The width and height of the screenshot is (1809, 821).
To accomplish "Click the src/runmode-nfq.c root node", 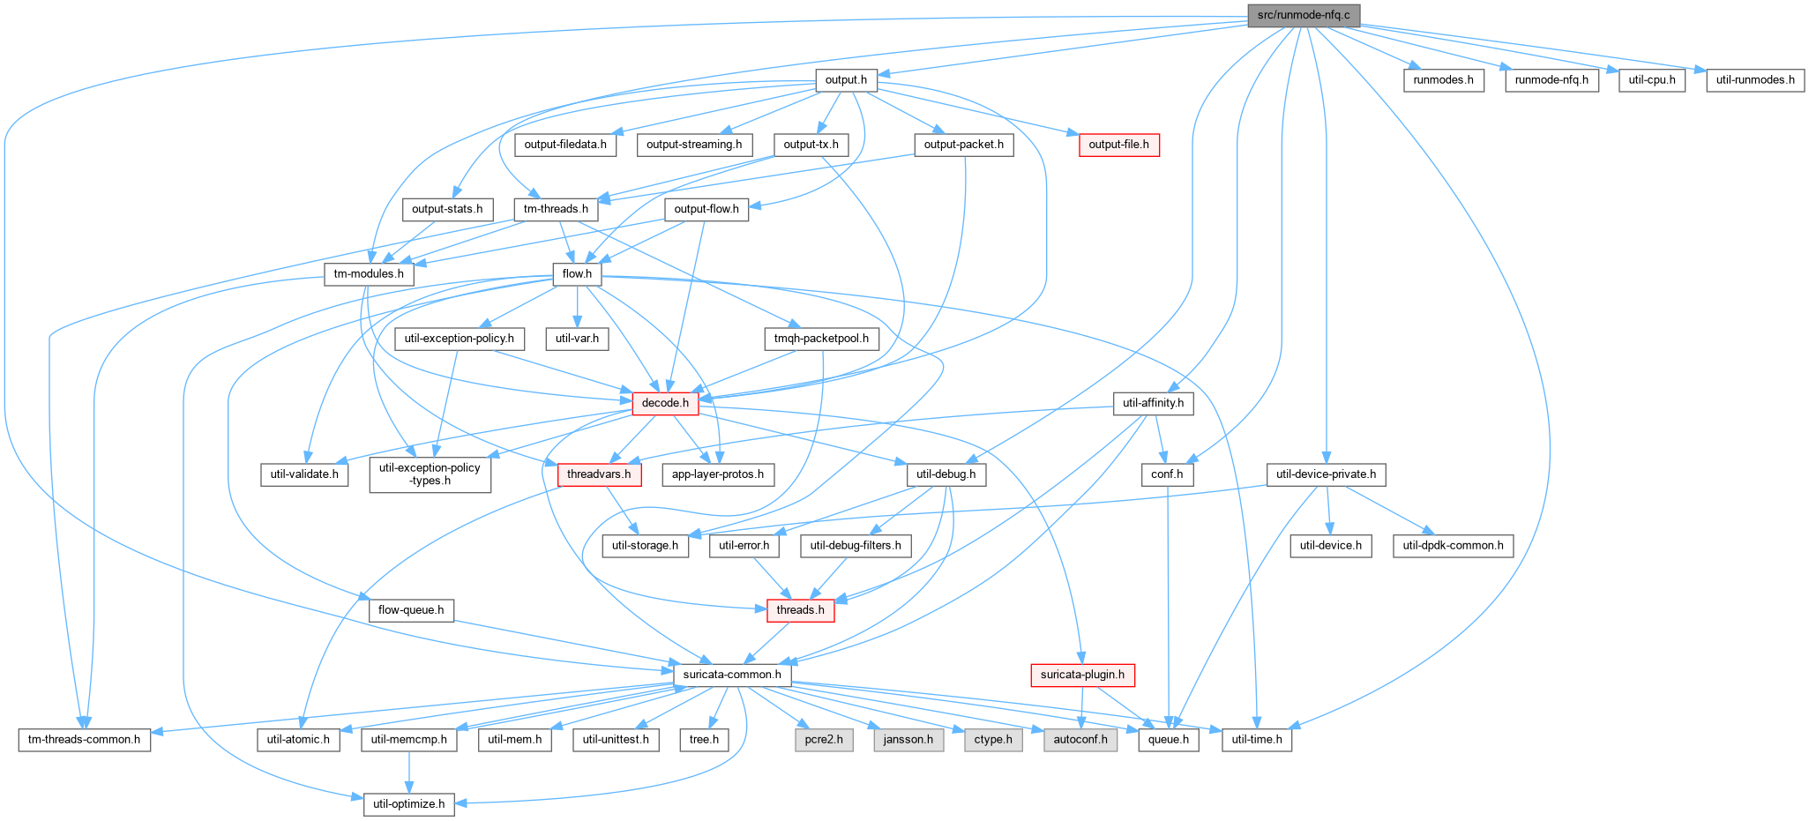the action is tap(1304, 15).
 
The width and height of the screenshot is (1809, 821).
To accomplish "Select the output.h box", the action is tap(846, 80).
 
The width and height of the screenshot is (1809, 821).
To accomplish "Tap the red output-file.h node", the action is tap(1118, 145).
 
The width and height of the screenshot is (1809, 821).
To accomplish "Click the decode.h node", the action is tap(665, 403).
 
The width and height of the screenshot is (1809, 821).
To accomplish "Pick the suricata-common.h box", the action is tap(732, 675).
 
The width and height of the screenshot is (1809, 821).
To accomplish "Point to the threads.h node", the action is tap(800, 610).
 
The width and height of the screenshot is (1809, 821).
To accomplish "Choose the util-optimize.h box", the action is tap(410, 804).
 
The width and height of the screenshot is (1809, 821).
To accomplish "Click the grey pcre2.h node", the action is tap(824, 739).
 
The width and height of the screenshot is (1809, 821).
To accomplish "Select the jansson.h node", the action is tap(908, 739).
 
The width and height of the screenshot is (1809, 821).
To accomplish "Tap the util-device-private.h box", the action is tap(1327, 474).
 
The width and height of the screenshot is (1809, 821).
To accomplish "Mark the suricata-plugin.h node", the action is tap(1082, 675).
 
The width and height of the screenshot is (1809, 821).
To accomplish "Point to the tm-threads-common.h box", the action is tap(84, 739).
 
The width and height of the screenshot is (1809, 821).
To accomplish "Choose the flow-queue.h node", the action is tap(411, 610).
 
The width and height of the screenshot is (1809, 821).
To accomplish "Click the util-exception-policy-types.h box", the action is tap(430, 474).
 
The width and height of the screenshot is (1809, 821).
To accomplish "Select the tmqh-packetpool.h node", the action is tap(821, 339).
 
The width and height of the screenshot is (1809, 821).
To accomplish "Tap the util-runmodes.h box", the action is tap(1755, 80).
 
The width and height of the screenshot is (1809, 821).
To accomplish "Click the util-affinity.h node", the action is tap(1154, 403).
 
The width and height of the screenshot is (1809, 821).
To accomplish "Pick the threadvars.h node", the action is tap(599, 474).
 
